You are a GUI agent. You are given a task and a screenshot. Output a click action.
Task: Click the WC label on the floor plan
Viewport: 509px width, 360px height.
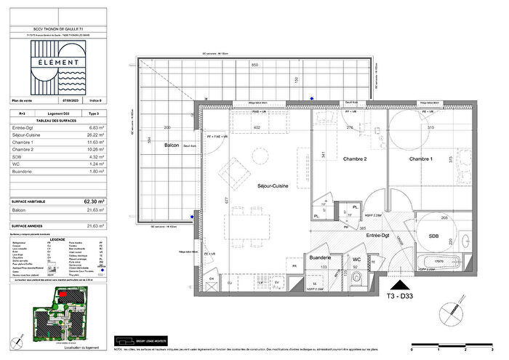pos(356,258)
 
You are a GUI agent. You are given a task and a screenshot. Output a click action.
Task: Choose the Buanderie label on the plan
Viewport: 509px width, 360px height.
pos(321,257)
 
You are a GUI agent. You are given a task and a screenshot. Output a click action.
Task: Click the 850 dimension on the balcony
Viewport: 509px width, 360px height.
pos(255,65)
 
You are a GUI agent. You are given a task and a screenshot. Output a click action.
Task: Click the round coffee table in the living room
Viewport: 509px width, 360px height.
pos(258,155)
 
